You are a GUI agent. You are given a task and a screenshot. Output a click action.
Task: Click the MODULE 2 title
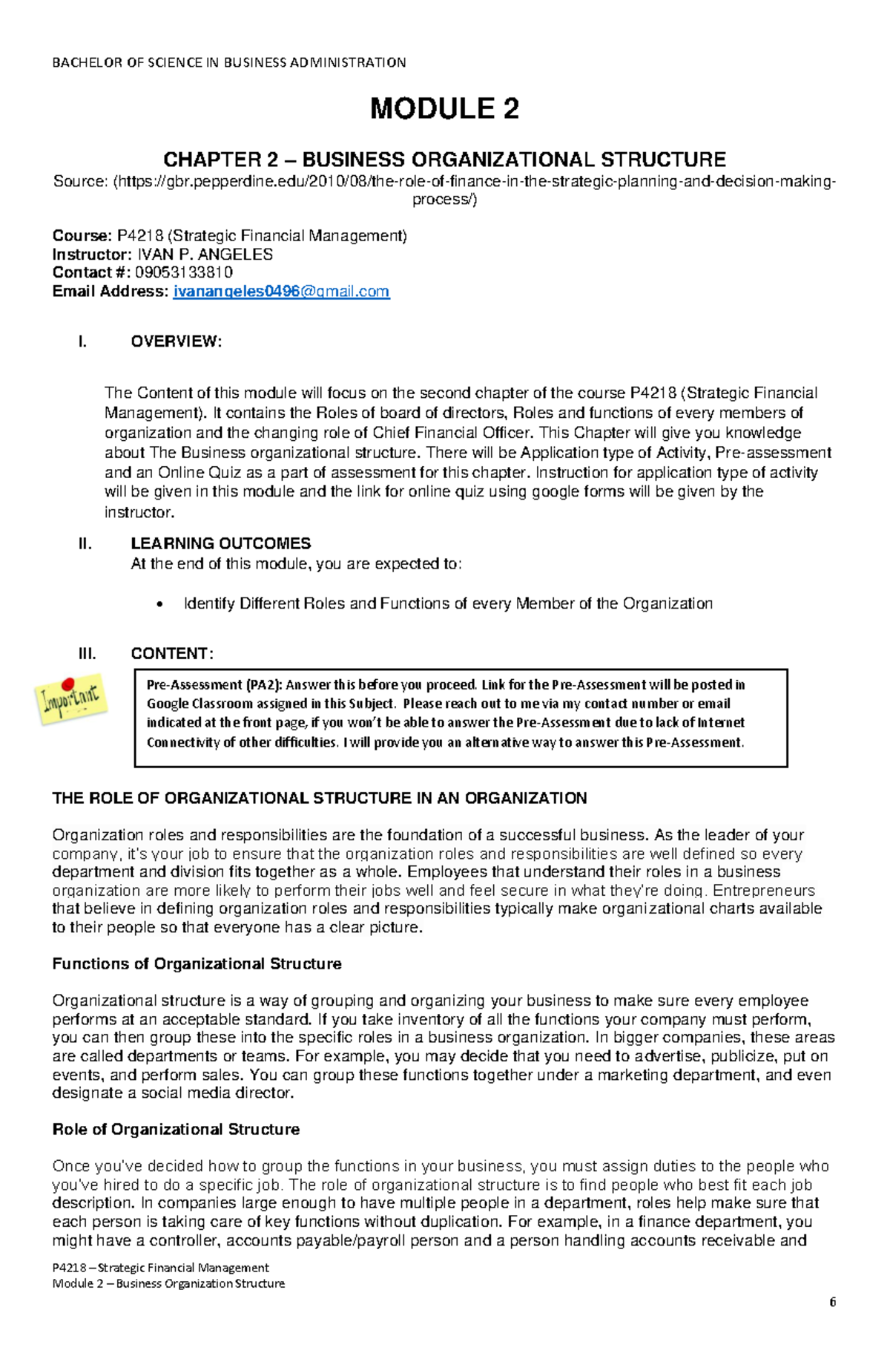(444, 109)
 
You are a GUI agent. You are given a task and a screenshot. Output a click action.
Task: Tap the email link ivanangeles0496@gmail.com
(281, 292)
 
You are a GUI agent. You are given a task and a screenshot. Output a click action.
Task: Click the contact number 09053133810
(184, 272)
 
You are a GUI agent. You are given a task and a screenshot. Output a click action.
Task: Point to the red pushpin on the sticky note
(68, 682)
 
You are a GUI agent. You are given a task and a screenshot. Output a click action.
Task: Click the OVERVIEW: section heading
(176, 341)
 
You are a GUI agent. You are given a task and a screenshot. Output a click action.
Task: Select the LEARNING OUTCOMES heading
(220, 543)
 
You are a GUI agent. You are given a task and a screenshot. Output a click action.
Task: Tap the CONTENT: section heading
(172, 654)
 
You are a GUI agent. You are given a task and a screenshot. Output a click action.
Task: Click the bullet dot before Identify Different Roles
(158, 605)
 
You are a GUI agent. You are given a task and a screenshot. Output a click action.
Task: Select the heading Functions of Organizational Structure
(197, 964)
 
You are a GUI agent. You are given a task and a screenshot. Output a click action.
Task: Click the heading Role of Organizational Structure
(176, 1130)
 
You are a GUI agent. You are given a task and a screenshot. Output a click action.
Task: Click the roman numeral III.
(87, 654)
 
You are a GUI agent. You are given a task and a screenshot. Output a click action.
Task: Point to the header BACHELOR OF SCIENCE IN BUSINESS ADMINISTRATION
(228, 62)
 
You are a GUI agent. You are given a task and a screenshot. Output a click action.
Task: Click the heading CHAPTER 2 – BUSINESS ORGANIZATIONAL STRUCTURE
(444, 160)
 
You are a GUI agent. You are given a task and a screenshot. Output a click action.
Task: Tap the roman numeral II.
(85, 543)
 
